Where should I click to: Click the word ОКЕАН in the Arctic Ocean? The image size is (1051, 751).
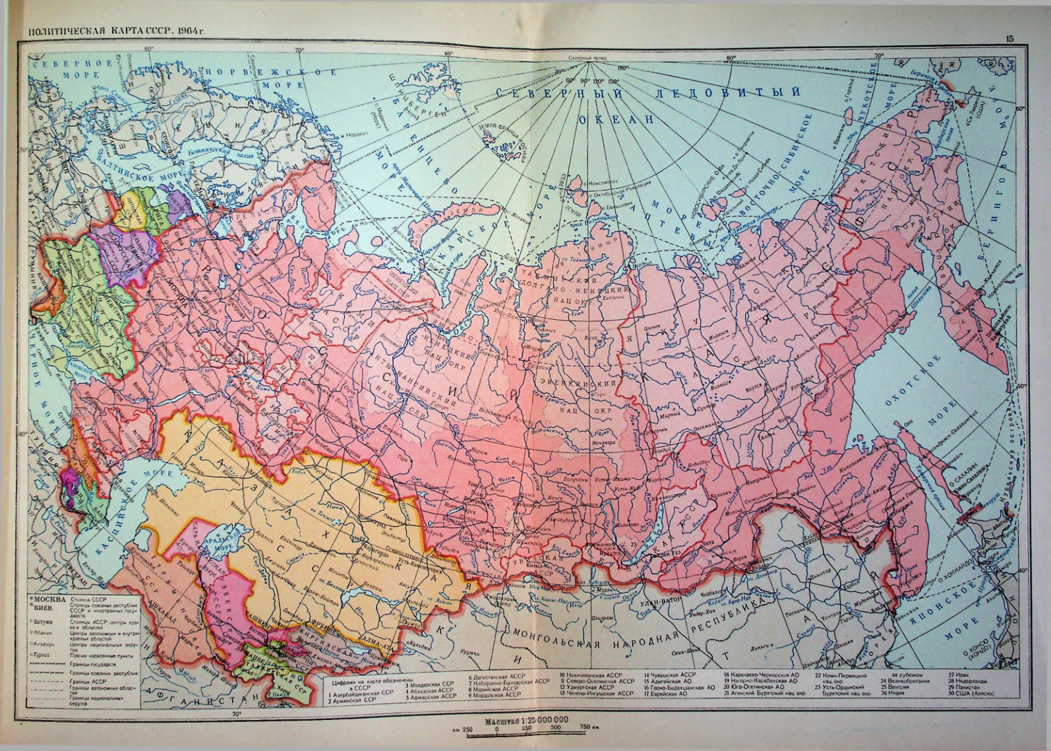pos(616,119)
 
